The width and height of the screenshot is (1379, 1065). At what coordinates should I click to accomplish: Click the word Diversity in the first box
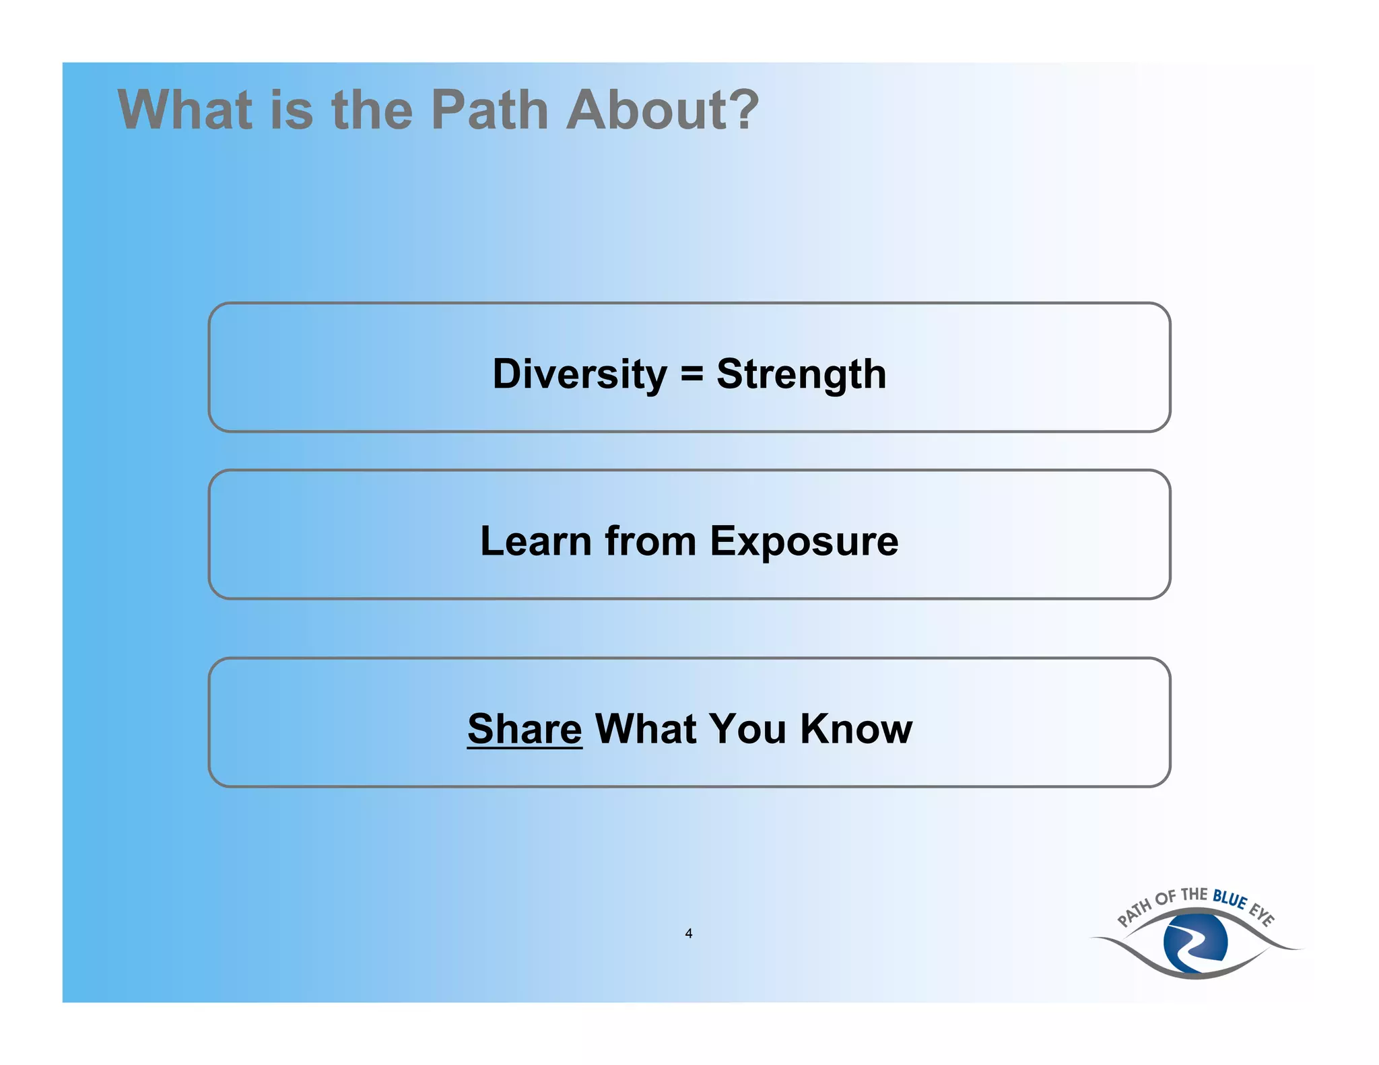579,374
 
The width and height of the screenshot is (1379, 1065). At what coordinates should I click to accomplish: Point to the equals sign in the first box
692,374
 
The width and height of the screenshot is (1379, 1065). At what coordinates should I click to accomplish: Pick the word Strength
801,374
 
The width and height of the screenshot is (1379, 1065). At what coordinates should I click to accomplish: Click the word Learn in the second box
535,541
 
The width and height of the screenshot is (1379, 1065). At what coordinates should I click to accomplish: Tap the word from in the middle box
650,541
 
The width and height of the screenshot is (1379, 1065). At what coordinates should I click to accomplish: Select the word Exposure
804,541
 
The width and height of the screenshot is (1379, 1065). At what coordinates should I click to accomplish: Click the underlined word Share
525,729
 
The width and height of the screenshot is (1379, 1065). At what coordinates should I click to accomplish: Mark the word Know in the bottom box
856,729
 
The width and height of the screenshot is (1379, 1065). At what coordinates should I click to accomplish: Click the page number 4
688,933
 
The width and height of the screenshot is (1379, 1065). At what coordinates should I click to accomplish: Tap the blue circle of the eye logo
1195,941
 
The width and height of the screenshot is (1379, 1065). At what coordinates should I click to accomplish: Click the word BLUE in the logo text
1230,899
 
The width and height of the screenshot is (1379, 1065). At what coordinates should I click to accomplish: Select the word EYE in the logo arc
1262,915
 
